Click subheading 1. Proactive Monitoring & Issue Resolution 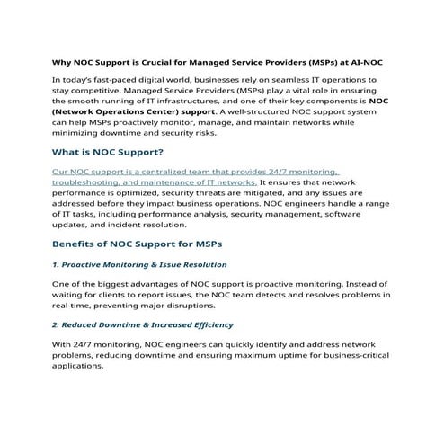(x=139, y=265)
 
